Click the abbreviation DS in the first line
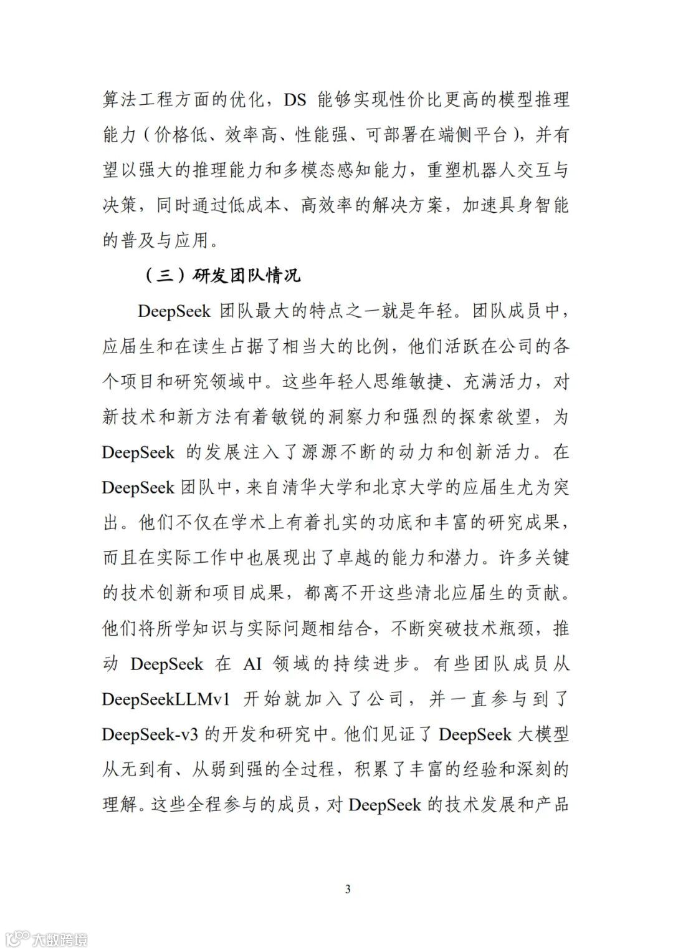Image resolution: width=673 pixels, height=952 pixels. [295, 99]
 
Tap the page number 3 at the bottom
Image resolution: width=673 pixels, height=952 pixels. [348, 888]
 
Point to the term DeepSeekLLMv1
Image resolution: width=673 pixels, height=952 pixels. [166, 699]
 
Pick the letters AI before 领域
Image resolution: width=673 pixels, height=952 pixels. [252, 663]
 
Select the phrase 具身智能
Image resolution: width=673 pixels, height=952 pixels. [533, 205]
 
